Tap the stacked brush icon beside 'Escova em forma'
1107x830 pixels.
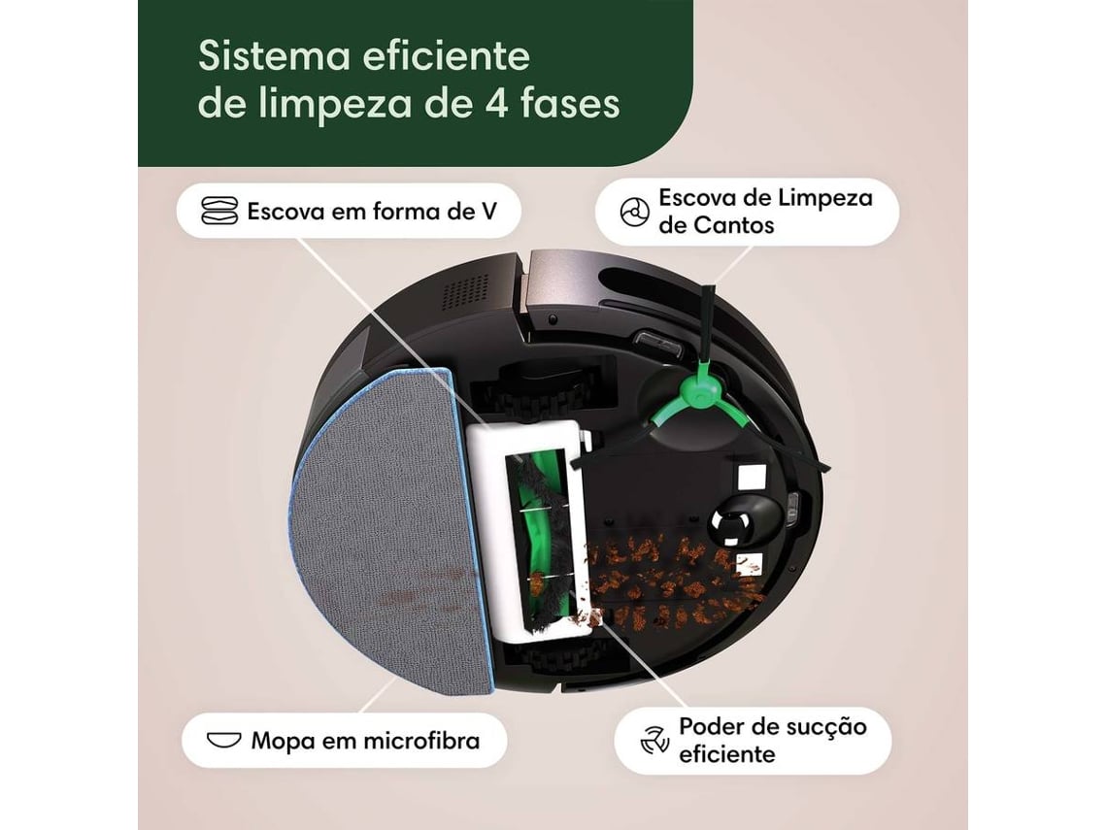[219, 212]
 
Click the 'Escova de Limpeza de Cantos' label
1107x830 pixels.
[765, 212]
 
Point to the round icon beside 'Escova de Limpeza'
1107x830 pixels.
[633, 213]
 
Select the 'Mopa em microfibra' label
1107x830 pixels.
[365, 742]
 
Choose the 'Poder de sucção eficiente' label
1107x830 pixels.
[772, 740]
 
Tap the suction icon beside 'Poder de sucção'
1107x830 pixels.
[654, 740]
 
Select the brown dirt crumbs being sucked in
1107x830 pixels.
[670, 582]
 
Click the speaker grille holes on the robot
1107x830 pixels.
[465, 289]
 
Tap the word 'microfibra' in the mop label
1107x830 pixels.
[420, 742]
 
